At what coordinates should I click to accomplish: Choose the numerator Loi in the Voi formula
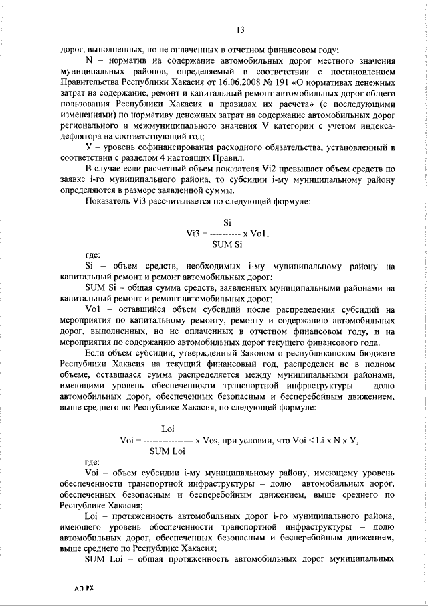coord(169,429)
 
